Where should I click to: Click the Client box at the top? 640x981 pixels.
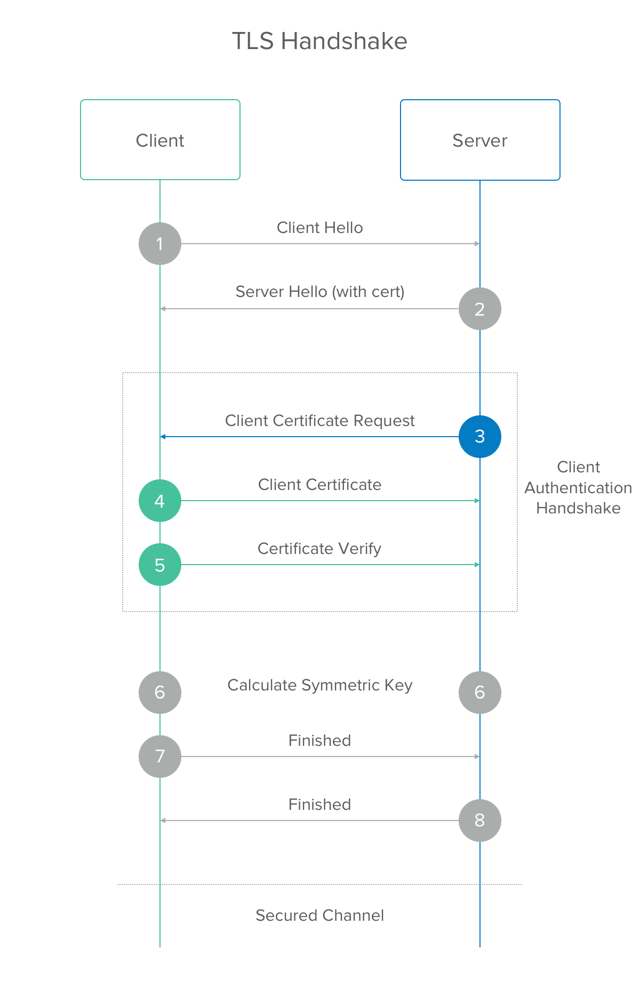pyautogui.click(x=160, y=140)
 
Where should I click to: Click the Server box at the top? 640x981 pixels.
pyautogui.click(x=480, y=140)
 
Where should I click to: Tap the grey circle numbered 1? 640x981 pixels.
pyautogui.click(x=160, y=244)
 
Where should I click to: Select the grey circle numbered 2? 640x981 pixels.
pyautogui.click(x=480, y=309)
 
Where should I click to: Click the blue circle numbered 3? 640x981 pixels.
pyautogui.click(x=480, y=437)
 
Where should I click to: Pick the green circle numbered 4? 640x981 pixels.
pyautogui.click(x=160, y=501)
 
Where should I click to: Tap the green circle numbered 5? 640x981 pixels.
pyautogui.click(x=160, y=565)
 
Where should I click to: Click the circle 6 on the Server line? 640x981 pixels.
pyautogui.click(x=480, y=693)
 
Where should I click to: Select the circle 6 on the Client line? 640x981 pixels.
pyautogui.click(x=160, y=693)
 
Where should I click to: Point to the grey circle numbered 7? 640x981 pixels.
pyautogui.click(x=160, y=757)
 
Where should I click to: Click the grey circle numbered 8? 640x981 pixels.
pyautogui.click(x=480, y=821)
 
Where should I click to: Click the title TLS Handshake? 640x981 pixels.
pyautogui.click(x=319, y=41)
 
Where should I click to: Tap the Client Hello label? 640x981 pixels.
pyautogui.click(x=319, y=228)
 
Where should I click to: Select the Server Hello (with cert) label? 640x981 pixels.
pyautogui.click(x=320, y=292)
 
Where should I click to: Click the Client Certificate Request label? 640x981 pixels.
pyautogui.click(x=319, y=421)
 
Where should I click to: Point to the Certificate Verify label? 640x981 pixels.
pyautogui.click(x=319, y=549)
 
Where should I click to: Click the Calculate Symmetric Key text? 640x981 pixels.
pyautogui.click(x=320, y=685)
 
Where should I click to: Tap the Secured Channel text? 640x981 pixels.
pyautogui.click(x=319, y=915)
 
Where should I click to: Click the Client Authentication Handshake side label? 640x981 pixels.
pyautogui.click(x=578, y=487)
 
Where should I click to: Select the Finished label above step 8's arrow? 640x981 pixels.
pyautogui.click(x=319, y=805)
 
